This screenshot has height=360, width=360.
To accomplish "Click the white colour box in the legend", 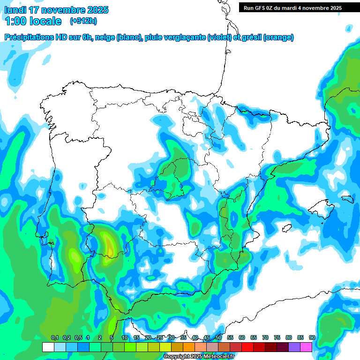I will pos(48,347).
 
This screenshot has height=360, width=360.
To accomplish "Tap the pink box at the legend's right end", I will pos(306,347).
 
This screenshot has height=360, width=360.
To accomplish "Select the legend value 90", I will pos(312,337).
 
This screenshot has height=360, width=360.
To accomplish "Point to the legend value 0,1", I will pos(55,337).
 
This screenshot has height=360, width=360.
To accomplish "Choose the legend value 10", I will pos(125,337).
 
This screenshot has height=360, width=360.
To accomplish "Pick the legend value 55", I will pos(230,337).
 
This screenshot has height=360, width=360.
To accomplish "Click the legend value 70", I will pos(265,337).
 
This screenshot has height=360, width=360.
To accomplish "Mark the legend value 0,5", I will pos(78,337).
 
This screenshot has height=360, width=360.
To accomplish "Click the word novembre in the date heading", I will pos(63,10).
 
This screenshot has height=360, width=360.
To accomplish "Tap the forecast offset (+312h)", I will pos(83,21).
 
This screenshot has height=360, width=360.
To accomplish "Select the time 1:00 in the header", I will pos(15,21).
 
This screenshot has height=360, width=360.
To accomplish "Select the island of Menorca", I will pos(347,199).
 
